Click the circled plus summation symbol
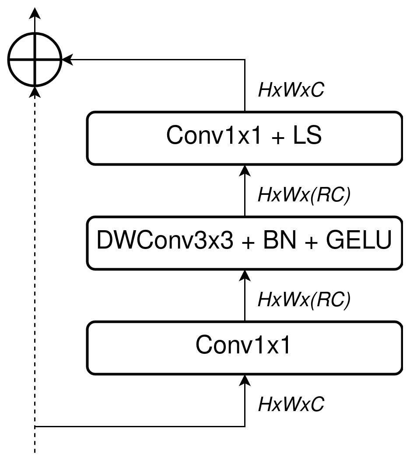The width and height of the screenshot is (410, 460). tap(35, 59)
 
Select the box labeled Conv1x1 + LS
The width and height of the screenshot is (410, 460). tap(244, 138)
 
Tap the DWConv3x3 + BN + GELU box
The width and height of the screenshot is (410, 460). tap(244, 242)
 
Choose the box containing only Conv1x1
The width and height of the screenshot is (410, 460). tap(244, 347)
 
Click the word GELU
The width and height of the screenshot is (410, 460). tap(357, 242)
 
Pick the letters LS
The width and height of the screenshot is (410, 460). tap(306, 136)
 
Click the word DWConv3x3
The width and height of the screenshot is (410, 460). tap(165, 242)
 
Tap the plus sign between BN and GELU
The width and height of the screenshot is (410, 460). tap(311, 243)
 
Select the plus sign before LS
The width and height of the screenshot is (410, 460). tap(278, 138)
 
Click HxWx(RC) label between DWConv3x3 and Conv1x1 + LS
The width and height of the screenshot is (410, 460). tap(304, 195)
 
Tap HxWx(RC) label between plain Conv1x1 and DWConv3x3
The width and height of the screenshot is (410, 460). tap(304, 300)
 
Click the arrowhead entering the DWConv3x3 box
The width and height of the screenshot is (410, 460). tap(245, 276)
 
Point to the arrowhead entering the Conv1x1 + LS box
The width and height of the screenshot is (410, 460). tap(245, 171)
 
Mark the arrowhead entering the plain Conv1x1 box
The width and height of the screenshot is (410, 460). tap(245, 380)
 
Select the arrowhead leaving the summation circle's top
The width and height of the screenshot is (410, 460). tap(35, 14)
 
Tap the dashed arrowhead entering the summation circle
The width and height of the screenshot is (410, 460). tap(35, 92)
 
